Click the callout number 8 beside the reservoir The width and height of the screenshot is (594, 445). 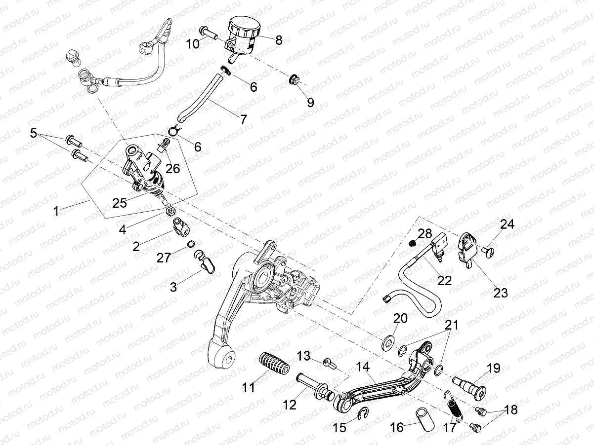pyautogui.click(x=279, y=40)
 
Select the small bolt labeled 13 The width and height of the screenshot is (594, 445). pyautogui.click(x=329, y=363)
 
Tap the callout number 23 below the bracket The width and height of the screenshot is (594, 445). pyautogui.click(x=500, y=293)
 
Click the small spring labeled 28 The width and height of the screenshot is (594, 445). pyautogui.click(x=414, y=243)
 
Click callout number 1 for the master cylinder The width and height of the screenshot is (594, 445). pyautogui.click(x=56, y=211)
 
